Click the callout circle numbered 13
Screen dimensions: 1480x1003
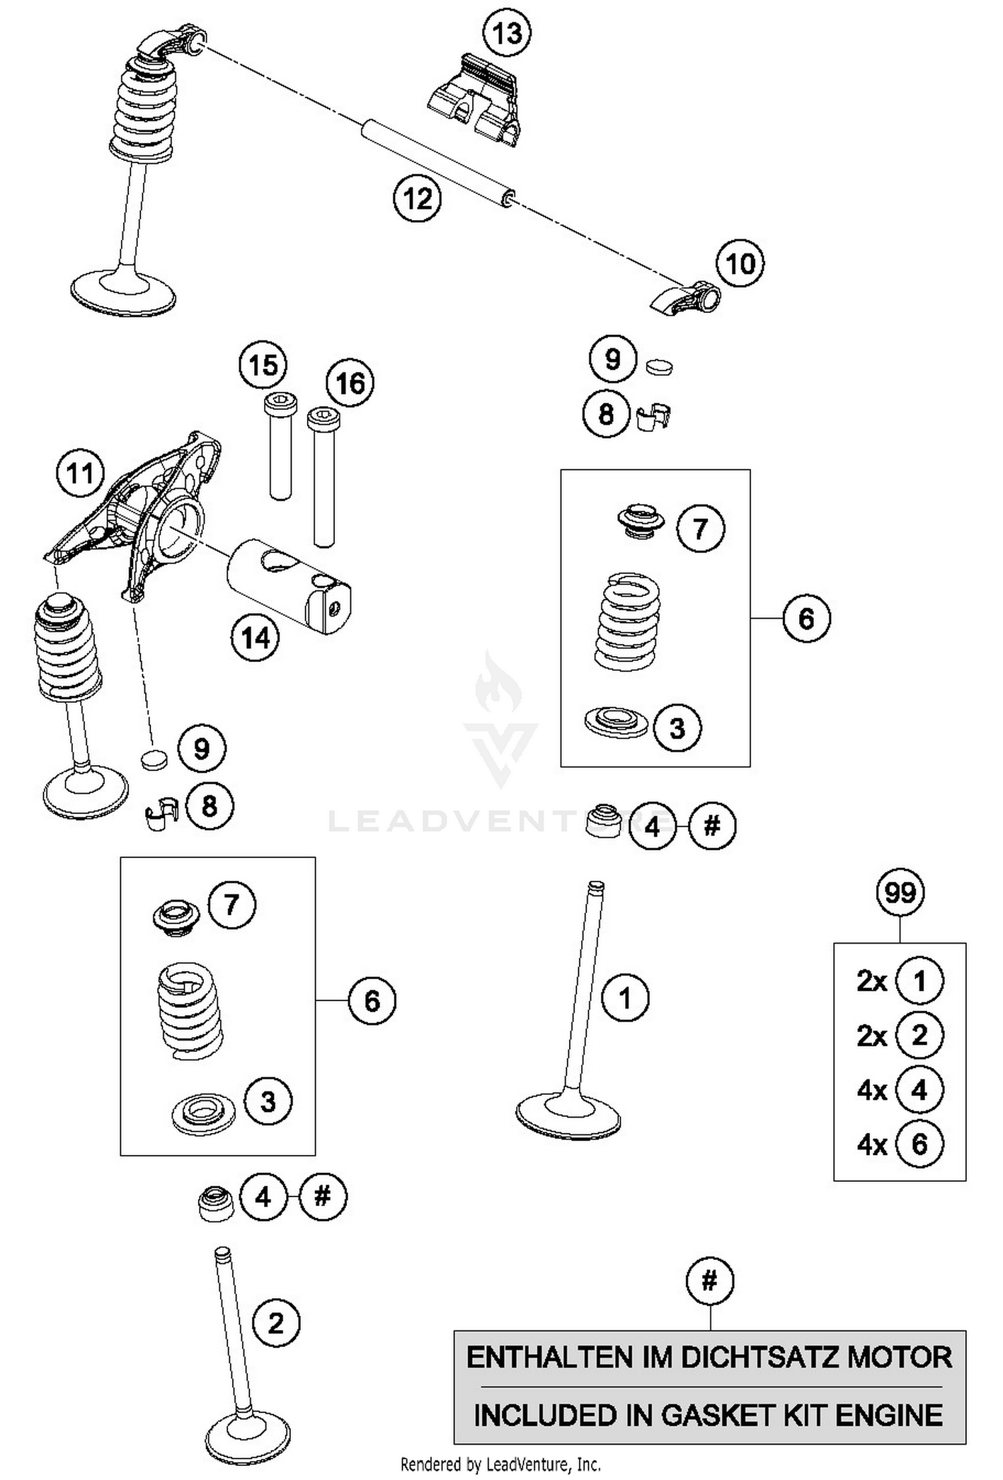tap(507, 32)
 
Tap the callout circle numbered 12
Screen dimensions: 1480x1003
tap(417, 198)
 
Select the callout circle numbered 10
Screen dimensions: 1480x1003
tap(740, 263)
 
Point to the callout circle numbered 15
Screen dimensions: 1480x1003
tap(263, 365)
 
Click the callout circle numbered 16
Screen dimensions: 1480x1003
tap(350, 384)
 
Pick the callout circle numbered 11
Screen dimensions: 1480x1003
tap(80, 473)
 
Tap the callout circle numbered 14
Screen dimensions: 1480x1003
tap(255, 637)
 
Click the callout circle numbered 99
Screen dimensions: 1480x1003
tap(899, 892)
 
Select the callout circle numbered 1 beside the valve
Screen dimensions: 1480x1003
tap(625, 998)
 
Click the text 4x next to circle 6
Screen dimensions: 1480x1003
tap(871, 1146)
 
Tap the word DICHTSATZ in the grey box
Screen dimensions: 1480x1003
tap(756, 1357)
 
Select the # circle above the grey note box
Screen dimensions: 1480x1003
tap(709, 1281)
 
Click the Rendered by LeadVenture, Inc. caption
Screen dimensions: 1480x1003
tap(500, 1465)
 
